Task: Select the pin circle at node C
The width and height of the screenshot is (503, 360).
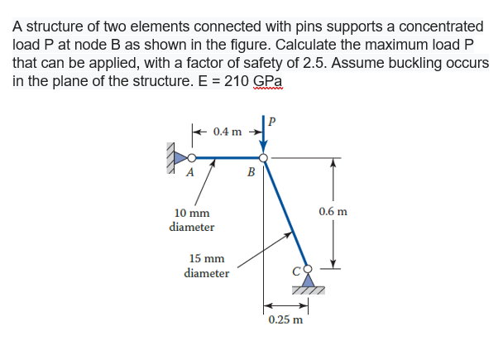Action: [309, 269]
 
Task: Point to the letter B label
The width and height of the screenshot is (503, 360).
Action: [251, 173]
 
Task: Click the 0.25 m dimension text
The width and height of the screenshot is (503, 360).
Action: [285, 319]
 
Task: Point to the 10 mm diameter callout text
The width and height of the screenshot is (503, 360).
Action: [191, 219]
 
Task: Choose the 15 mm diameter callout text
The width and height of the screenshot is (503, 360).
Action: [207, 266]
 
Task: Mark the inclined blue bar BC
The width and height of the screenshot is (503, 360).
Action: [285, 213]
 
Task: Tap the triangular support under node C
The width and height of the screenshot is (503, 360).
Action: [309, 281]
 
